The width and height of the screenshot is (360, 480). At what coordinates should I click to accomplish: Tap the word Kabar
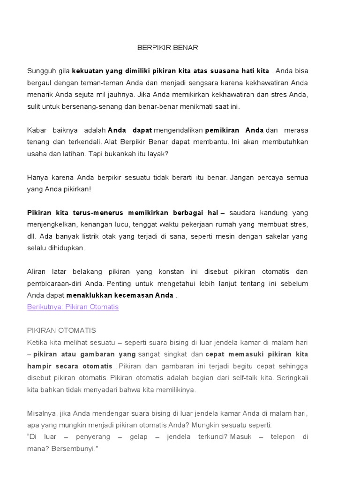(x=37, y=130)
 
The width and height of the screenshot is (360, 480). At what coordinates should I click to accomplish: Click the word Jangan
(x=243, y=177)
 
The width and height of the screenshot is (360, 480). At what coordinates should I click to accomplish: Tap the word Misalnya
(x=43, y=413)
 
